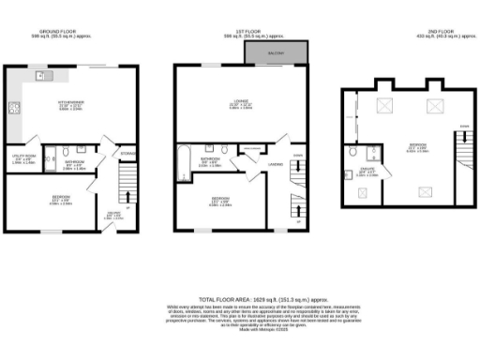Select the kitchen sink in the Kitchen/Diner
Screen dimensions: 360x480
point(41,74)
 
